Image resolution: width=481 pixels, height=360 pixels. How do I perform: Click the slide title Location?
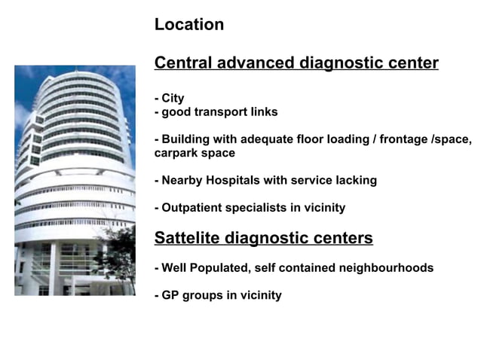pyautogui.click(x=188, y=25)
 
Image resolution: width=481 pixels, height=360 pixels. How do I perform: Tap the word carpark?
pyautogui.click(x=178, y=153)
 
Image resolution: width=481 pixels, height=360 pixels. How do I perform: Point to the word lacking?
pyautogui.click(x=355, y=181)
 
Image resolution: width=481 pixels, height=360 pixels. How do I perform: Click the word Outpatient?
pyautogui.click(x=195, y=208)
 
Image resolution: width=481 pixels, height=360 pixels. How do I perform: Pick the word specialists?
pyautogui.click(x=263, y=208)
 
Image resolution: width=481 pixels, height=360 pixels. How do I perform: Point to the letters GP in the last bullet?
pyautogui.click(x=170, y=295)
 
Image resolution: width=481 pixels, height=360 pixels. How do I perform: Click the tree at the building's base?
pyautogui.click(x=119, y=252)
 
